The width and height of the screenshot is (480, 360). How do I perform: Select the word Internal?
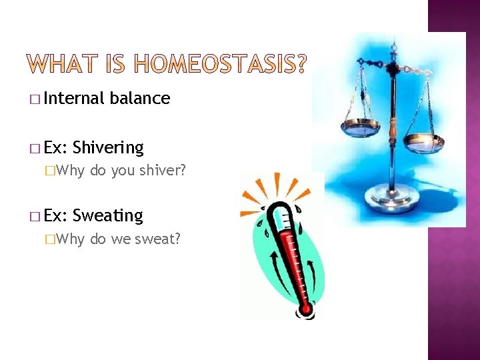tap(73, 99)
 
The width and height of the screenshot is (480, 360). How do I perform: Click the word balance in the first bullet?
tap(140, 99)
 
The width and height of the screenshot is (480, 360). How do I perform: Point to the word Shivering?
tap(108, 147)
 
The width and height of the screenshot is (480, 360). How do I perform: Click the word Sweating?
tap(108, 215)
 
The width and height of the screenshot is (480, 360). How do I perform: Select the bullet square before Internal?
tap(34, 100)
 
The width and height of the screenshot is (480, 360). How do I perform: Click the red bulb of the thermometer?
tap(306, 308)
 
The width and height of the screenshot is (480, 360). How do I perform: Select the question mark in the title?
tap(301, 64)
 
